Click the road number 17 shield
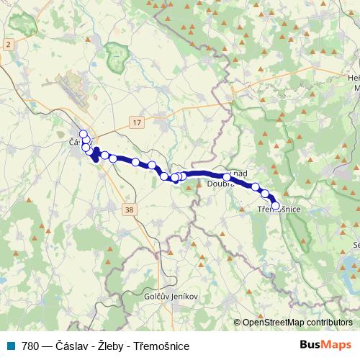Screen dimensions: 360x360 tap(137, 123)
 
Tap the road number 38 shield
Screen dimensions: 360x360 tap(129, 210)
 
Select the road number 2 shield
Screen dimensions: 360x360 tap(8, 45)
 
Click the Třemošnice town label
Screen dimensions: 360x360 tap(279, 210)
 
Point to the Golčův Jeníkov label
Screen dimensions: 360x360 tap(171, 296)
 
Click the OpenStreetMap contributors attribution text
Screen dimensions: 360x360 tap(297, 323)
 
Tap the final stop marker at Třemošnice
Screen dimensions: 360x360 tap(275, 205)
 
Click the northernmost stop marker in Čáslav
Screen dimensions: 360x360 tap(83, 134)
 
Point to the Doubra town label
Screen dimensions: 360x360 tap(220, 184)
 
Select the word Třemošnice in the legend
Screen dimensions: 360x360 tap(162, 346)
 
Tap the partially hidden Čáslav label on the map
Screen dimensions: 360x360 tap(74, 142)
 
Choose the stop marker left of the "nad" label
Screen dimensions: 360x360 tap(227, 176)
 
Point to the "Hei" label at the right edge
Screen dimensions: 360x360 tap(353, 78)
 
